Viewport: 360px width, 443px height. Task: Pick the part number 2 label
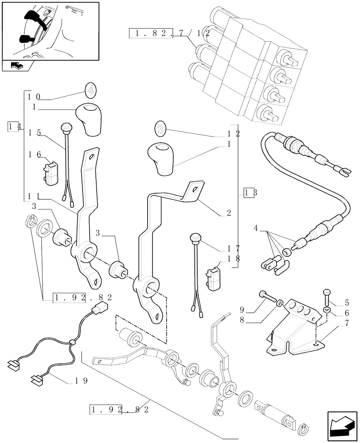pos(228,213)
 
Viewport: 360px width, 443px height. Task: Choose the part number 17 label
pos(234,249)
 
